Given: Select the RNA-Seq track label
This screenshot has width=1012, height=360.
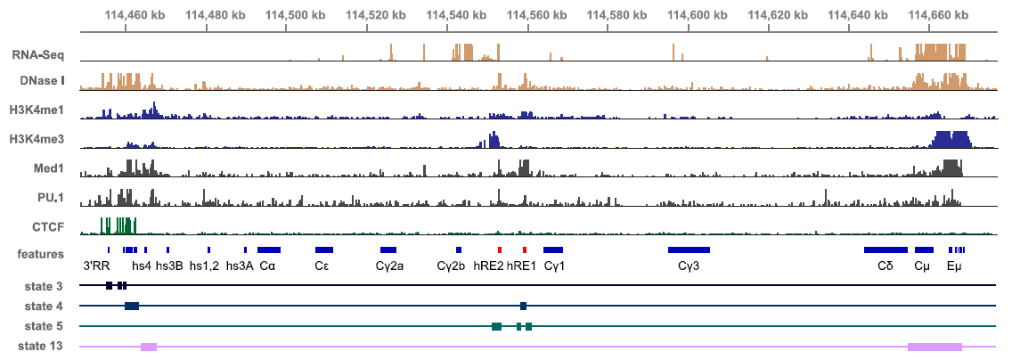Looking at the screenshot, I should pyautogui.click(x=38, y=55).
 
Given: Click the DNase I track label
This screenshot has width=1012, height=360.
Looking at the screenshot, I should pyautogui.click(x=42, y=81).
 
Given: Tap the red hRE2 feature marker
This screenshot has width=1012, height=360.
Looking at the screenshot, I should pyautogui.click(x=500, y=250).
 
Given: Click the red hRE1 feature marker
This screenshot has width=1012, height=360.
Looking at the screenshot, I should pyautogui.click(x=525, y=250).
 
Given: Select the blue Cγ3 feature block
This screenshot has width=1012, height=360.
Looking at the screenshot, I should pyautogui.click(x=689, y=250).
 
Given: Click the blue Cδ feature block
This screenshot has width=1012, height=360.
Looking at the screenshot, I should pyautogui.click(x=885, y=250).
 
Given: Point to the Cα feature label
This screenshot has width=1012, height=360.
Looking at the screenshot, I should pyautogui.click(x=267, y=266).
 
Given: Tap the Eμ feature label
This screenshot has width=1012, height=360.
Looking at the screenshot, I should pyautogui.click(x=955, y=266).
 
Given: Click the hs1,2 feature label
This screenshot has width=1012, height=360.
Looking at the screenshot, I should pyautogui.click(x=204, y=266).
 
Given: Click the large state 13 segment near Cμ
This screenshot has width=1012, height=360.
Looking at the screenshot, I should pyautogui.click(x=934, y=346).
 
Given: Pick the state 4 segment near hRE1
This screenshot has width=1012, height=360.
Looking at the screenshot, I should pyautogui.click(x=524, y=306).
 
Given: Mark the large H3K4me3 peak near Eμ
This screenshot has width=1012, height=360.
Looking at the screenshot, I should pyautogui.click(x=950, y=140).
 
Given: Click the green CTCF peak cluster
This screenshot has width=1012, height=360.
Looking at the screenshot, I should pyautogui.click(x=117, y=225).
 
